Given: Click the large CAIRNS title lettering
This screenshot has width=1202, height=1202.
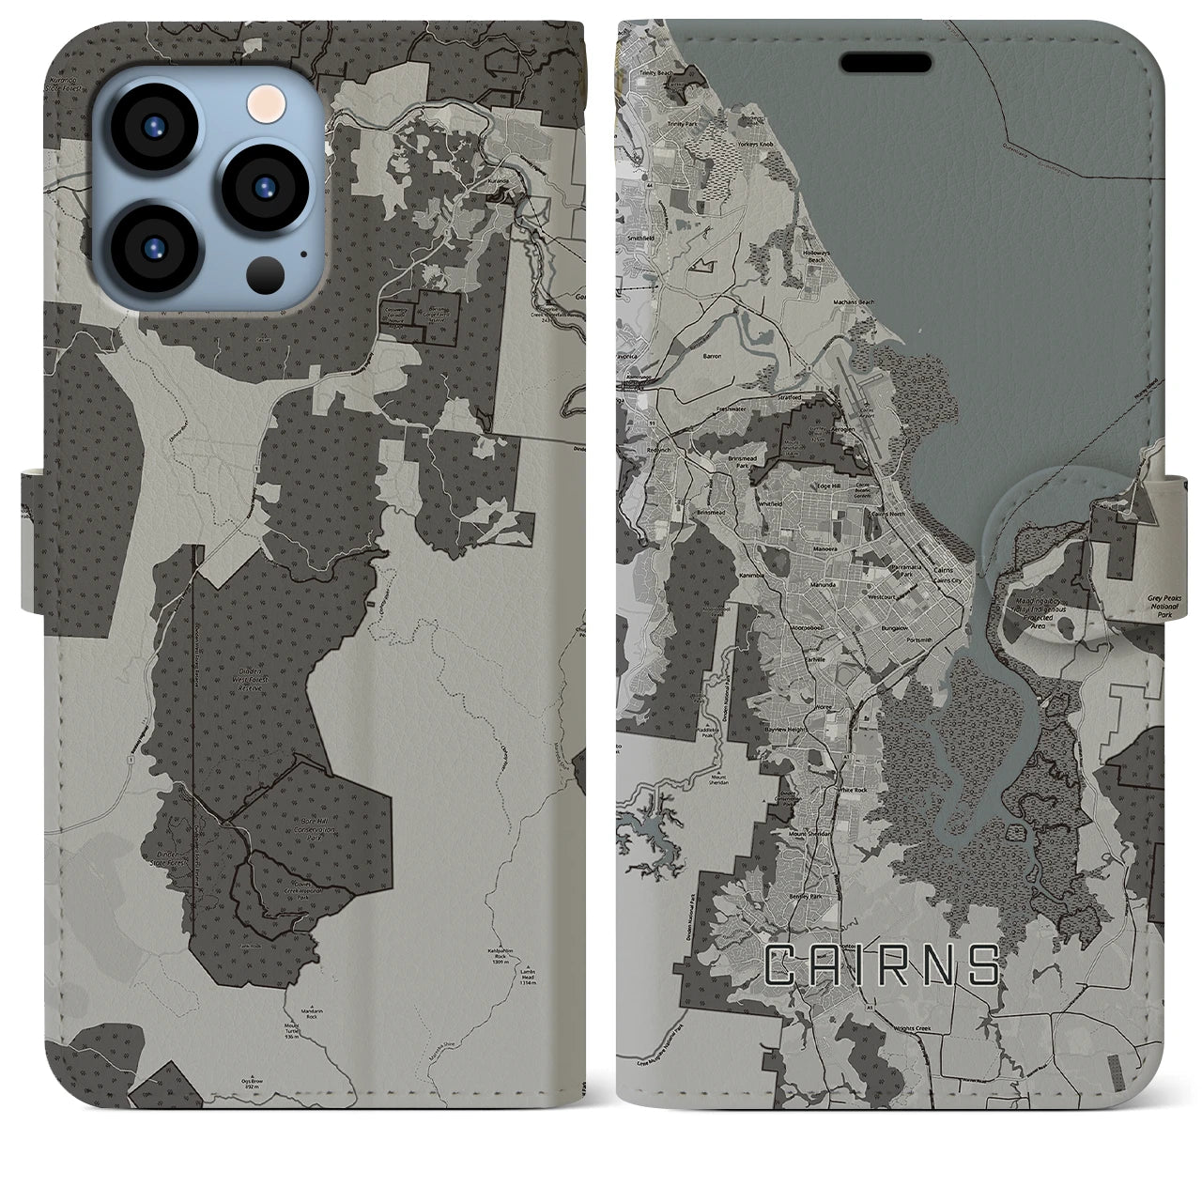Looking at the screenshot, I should (x=882, y=966).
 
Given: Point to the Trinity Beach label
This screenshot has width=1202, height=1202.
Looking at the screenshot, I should (x=656, y=72).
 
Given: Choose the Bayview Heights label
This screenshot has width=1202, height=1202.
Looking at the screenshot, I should (x=787, y=729).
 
